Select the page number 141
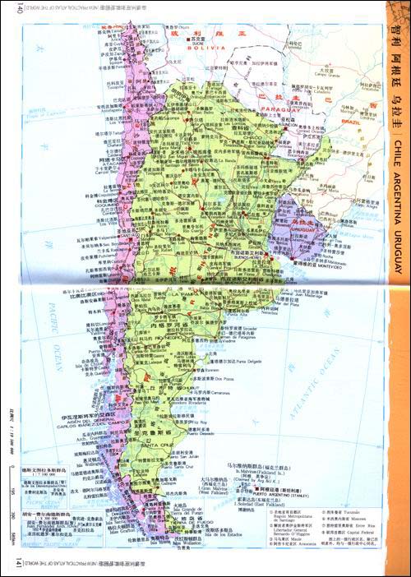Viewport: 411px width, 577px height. point(9,568)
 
